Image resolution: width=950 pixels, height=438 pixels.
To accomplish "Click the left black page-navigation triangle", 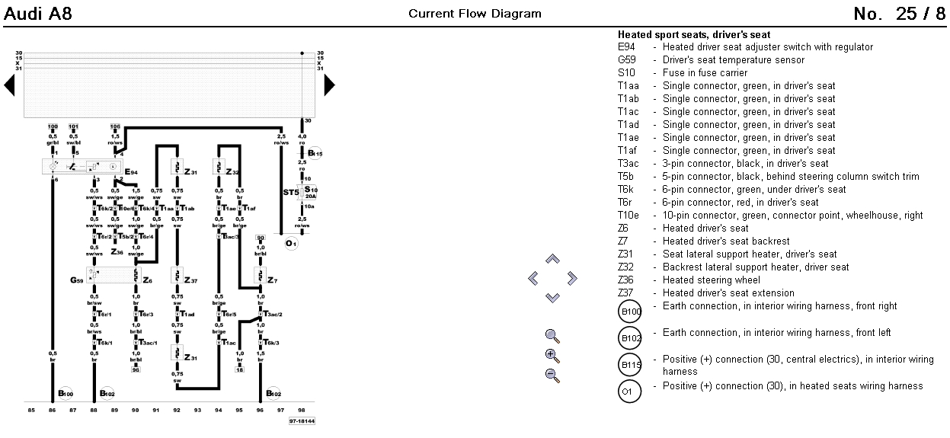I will point(9,85).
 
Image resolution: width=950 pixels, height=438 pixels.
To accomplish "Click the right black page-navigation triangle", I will point(329,85).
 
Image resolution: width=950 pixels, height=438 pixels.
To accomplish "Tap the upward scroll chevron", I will point(553,260).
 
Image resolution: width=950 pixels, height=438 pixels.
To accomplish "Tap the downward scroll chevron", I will point(553,298).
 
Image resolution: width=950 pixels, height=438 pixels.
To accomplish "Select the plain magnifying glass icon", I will point(552,335).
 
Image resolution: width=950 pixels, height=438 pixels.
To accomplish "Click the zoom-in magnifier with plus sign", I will point(552,355).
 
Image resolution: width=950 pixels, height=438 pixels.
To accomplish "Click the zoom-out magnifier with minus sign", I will point(552,375).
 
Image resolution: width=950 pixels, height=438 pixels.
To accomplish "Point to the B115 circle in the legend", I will point(630,365).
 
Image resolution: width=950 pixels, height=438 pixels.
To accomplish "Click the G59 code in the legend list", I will point(626,60).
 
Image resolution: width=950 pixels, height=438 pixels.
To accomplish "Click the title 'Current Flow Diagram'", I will point(475,14).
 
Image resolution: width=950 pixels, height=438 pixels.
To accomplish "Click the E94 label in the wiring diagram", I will point(131,172).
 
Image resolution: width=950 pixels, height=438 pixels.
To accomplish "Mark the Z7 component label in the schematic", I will point(272,280).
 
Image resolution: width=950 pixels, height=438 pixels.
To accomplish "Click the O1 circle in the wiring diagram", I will point(290,244).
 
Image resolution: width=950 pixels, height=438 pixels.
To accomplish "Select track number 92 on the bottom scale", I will point(177,410).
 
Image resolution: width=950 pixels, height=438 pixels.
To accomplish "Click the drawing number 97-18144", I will point(302,420).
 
